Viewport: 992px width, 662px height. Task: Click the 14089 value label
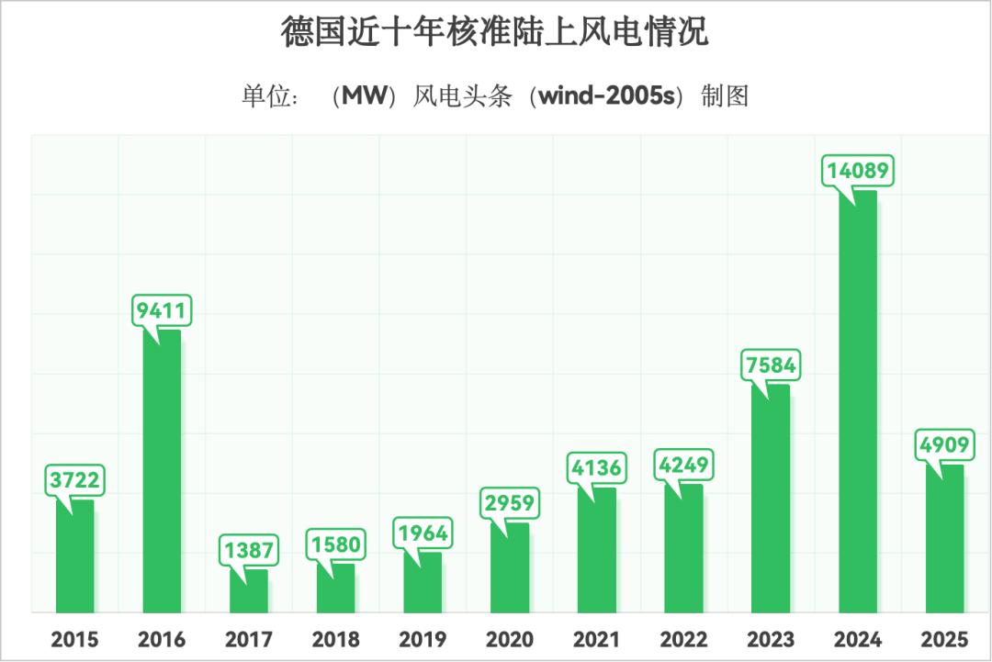pyautogui.click(x=859, y=172)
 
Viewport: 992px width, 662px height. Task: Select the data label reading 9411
pyautogui.click(x=162, y=311)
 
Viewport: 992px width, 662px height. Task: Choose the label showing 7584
pyautogui.click(x=771, y=365)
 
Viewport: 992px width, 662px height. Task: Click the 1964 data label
pyautogui.click(x=423, y=533)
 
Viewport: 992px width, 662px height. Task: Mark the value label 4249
pyautogui.click(x=683, y=465)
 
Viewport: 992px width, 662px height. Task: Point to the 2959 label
pyautogui.click(x=510, y=504)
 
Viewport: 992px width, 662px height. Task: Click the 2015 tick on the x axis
pyautogui.click(x=74, y=639)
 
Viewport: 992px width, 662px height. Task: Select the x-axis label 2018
pyautogui.click(x=335, y=639)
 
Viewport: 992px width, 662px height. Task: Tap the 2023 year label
pyautogui.click(x=771, y=639)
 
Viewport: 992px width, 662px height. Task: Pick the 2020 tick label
pyautogui.click(x=510, y=639)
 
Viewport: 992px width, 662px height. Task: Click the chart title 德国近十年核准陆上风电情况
pyautogui.click(x=495, y=32)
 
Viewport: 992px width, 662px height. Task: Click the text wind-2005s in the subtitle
pyautogui.click(x=607, y=95)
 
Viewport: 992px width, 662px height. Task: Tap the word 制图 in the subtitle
pyautogui.click(x=724, y=95)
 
